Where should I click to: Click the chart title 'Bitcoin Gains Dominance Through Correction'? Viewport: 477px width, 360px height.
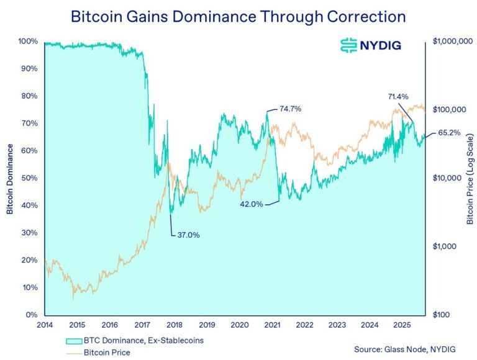(x=238, y=16)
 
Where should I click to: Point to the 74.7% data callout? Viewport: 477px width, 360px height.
(x=290, y=109)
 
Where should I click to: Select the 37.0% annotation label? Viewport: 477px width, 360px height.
(x=188, y=235)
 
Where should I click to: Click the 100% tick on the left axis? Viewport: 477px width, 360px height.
(x=27, y=42)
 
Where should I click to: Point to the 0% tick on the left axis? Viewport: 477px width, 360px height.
(x=31, y=315)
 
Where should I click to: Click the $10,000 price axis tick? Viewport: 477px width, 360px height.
(x=449, y=178)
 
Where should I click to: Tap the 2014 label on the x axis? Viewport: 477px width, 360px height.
(x=45, y=325)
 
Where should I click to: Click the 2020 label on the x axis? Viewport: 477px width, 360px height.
(x=239, y=325)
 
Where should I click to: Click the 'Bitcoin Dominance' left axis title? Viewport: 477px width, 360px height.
(x=11, y=179)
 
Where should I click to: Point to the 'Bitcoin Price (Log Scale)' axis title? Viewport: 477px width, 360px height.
(x=470, y=179)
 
